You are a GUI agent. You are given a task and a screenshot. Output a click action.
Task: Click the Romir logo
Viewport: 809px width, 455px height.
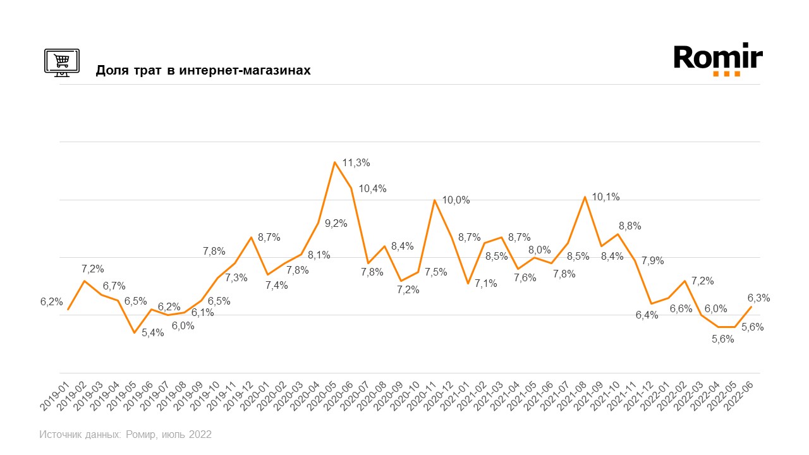tap(718, 60)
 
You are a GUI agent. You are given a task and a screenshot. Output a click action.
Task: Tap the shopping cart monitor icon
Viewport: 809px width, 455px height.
tap(61, 62)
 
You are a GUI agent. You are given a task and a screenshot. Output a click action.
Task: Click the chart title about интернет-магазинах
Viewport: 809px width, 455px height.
tap(203, 70)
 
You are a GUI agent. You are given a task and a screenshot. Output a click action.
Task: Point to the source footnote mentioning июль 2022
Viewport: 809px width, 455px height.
tap(125, 435)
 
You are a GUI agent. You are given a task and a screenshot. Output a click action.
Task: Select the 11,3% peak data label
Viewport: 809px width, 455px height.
tap(356, 163)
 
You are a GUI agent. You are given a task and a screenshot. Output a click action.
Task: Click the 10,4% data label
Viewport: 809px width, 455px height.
tap(372, 188)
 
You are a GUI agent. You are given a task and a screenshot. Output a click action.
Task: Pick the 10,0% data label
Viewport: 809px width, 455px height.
tap(456, 200)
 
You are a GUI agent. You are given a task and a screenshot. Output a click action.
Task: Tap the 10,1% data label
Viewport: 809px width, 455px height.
tap(605, 197)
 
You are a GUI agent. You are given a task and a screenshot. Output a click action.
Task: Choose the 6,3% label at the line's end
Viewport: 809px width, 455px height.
tap(758, 298)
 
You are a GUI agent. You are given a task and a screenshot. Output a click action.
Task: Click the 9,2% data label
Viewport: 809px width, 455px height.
tap(336, 223)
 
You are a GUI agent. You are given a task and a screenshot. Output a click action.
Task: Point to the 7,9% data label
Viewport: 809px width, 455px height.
tap(653, 260)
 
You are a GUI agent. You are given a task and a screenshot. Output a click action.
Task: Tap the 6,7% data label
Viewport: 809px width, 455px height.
tap(114, 286)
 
